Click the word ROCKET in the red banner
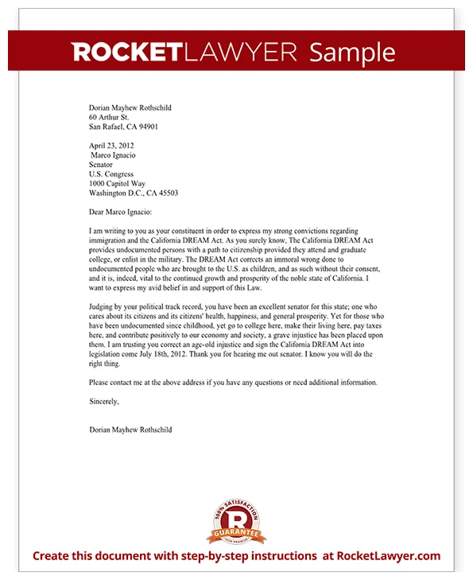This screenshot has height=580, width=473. coord(127,53)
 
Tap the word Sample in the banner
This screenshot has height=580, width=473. coord(351,53)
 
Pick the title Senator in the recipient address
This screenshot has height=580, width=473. coord(102,165)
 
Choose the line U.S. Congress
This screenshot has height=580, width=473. coord(111,174)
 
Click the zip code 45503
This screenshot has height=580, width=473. coord(165,193)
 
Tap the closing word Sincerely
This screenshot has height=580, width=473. coord(104,402)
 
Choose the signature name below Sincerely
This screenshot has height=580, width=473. coord(130,430)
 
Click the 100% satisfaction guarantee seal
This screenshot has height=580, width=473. coord(236,521)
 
